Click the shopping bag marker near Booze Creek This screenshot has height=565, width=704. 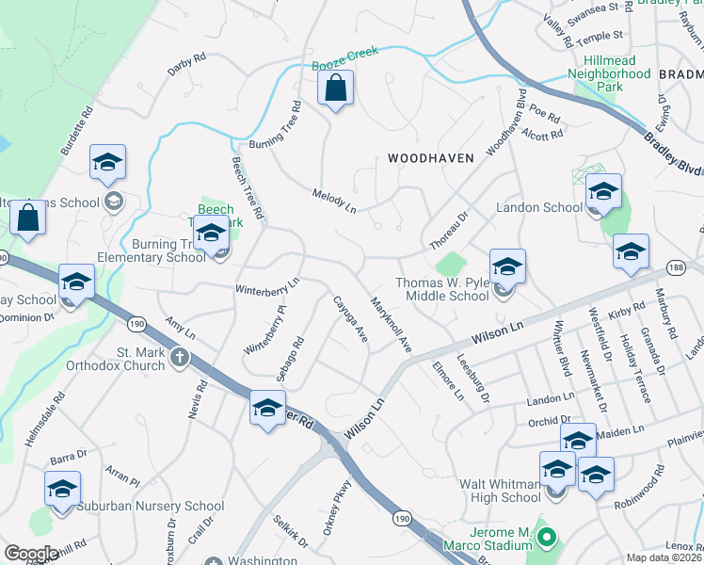click(x=335, y=90)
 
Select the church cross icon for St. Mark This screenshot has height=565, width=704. click(x=179, y=359)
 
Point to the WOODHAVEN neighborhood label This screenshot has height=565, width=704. click(x=430, y=159)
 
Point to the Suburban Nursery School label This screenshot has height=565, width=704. click(x=151, y=506)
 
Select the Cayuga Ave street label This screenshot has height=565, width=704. click(x=349, y=319)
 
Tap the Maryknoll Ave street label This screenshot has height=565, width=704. click(x=392, y=326)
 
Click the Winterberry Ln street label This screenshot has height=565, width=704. click(x=266, y=285)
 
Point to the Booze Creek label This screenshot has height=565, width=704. click(x=344, y=53)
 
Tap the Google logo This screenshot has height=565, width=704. click(x=31, y=554)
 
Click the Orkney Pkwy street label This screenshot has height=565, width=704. click(x=337, y=511)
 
